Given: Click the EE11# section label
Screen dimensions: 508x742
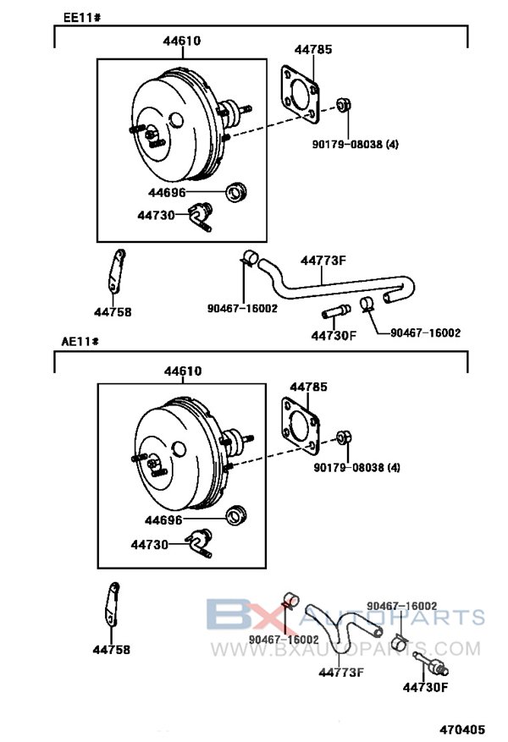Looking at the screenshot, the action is [82, 18].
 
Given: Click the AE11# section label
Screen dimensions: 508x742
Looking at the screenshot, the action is [80, 341].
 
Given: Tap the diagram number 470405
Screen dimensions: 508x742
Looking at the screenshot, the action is [462, 729].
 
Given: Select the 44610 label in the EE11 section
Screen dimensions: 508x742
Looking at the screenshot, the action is [182, 41].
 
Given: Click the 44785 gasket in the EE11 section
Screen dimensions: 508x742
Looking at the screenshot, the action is [300, 95].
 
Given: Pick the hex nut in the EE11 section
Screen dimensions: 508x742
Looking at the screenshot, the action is [344, 105].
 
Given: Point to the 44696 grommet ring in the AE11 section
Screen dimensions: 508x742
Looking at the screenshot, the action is [237, 515].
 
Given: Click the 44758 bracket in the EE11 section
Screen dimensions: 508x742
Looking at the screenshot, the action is [116, 272].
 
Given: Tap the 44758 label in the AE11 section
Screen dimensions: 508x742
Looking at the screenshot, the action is [111, 649].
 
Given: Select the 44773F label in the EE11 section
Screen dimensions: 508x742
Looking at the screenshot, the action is [323, 261].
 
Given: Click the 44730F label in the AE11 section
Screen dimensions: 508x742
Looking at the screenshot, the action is [425, 687].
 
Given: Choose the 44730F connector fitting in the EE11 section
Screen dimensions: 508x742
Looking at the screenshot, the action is [336, 311].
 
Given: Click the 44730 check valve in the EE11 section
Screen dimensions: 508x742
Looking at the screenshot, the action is [201, 217].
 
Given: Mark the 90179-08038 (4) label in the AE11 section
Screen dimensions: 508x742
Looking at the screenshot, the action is [356, 468].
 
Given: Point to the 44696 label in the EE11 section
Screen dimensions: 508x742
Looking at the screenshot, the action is [167, 193].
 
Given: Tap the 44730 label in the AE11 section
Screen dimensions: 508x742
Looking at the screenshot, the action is [150, 545].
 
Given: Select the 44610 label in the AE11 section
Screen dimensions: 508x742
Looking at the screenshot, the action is [183, 371].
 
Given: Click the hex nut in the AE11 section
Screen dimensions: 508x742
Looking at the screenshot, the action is [344, 437].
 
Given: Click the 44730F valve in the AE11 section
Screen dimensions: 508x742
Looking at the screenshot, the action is [430, 663].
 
